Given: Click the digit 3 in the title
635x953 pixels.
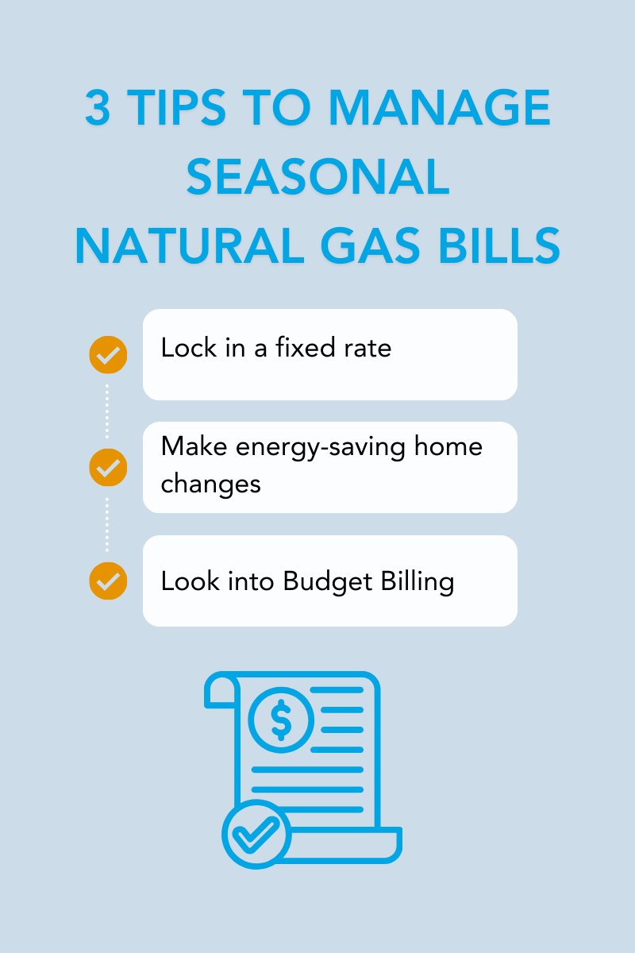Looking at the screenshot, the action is coord(98,107).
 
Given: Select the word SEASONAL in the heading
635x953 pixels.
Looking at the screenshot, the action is coord(318,176).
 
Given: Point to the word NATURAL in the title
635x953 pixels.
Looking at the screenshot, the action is coord(190,245).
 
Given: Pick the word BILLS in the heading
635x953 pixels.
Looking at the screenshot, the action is coord(499,245).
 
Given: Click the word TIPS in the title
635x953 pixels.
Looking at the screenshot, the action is coord(176,107).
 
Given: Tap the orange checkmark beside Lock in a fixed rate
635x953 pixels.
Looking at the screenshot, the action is coord(108,355).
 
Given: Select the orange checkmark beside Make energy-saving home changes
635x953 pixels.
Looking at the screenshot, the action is coord(108,468).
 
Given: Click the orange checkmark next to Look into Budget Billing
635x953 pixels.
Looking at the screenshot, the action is coord(108,581).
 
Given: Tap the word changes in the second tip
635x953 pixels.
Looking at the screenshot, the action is coord(210,485).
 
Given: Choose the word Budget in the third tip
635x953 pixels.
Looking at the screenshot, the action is coord(328,581).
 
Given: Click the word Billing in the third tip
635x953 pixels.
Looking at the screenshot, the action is coord(418,582).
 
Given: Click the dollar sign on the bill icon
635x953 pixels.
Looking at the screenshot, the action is coord(281,720).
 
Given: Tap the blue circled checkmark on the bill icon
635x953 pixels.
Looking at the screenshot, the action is coord(256,835).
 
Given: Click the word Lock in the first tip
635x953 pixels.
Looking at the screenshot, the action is coord(189,347).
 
